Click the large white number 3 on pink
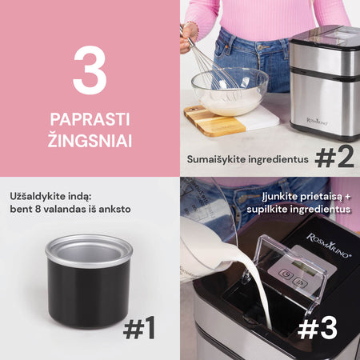[x=90, y=70]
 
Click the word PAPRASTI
[x=90, y=119]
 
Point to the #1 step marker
[x=139, y=327]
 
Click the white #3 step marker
[x=318, y=329]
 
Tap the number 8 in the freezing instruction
[x=38, y=209]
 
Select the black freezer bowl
[x=89, y=281]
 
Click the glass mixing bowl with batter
[x=230, y=91]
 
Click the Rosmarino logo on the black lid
[x=329, y=246]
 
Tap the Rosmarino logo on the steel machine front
[x=318, y=122]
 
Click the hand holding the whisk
[x=189, y=37]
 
